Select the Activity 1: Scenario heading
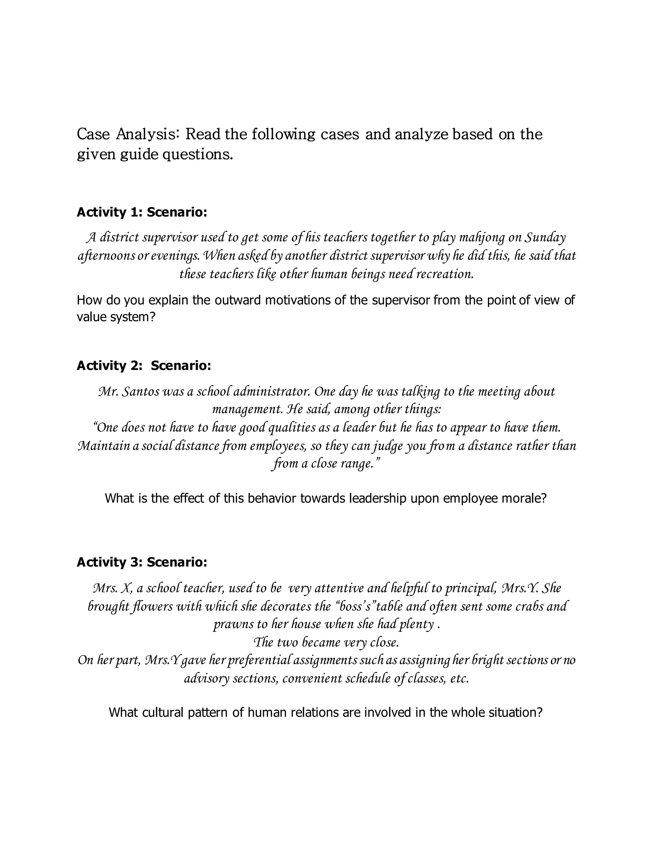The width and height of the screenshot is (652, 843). [142, 212]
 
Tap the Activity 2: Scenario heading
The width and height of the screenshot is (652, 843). [144, 366]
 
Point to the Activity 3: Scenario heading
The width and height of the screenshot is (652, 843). [142, 562]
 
